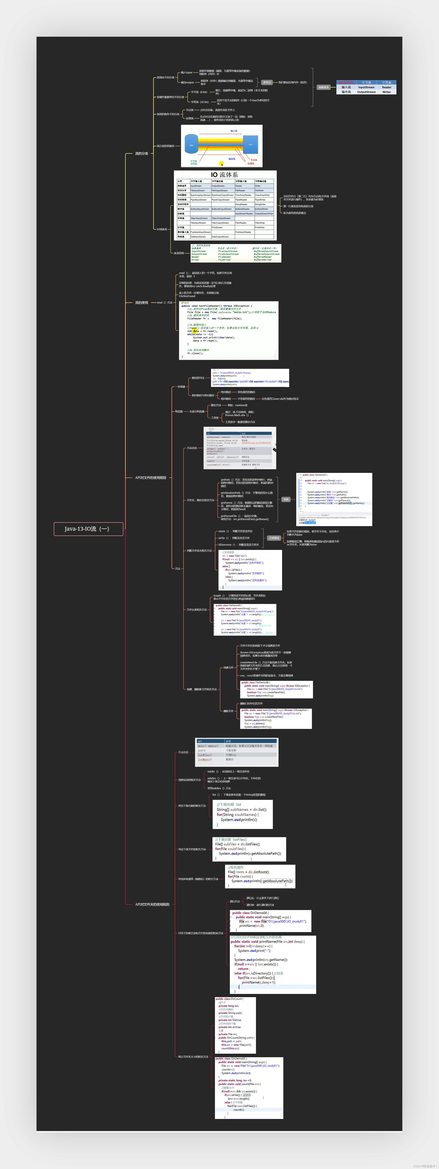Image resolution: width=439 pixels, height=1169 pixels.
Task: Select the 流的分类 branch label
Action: click(x=142, y=153)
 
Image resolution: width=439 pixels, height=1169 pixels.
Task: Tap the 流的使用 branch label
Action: click(x=142, y=303)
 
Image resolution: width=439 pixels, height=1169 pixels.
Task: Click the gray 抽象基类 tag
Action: click(x=323, y=87)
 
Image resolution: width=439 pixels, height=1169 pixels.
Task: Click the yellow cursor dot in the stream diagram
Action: click(x=221, y=164)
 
